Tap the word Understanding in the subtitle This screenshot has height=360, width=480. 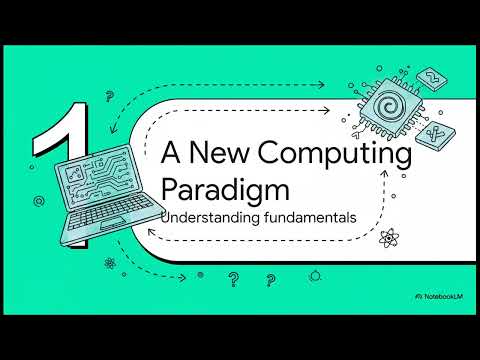point(204,216)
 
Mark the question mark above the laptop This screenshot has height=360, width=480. point(109,96)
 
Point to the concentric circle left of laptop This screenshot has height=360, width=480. point(37,201)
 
